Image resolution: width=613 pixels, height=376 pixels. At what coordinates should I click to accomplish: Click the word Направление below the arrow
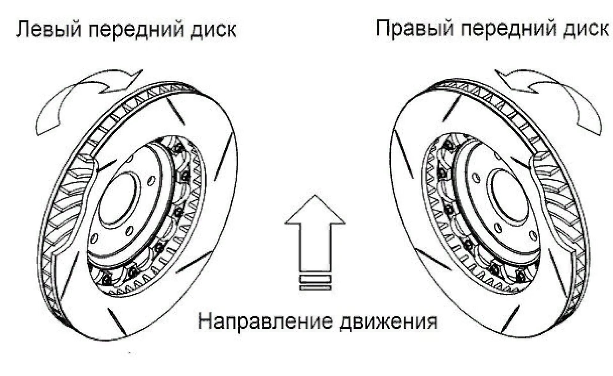click(x=265, y=321)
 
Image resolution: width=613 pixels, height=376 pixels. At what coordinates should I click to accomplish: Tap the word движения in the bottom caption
click(x=388, y=321)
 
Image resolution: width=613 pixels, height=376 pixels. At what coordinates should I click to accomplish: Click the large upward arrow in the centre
click(x=315, y=236)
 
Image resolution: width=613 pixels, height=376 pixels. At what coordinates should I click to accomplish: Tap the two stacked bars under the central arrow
click(x=315, y=283)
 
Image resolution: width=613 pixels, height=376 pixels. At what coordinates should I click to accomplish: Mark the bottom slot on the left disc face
click(x=117, y=321)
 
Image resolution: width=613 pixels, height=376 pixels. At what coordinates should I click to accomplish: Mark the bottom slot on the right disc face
click(x=511, y=319)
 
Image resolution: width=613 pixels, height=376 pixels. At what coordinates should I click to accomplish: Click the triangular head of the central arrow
click(x=315, y=210)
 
